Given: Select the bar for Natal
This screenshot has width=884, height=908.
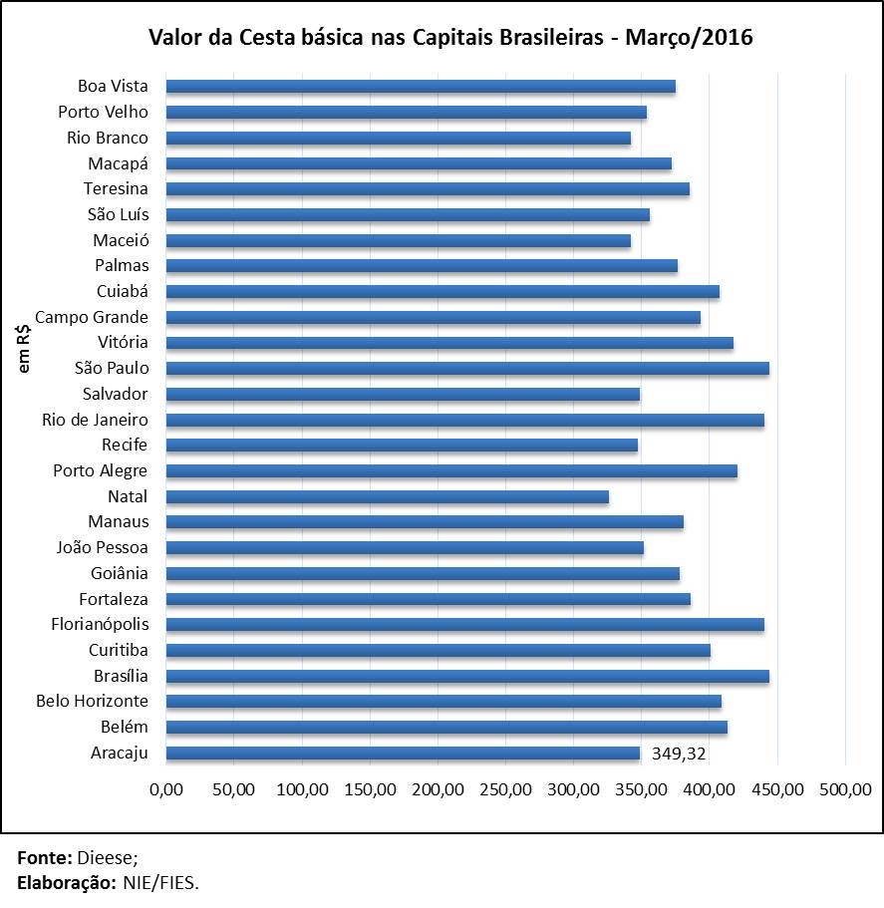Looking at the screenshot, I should pos(387,496).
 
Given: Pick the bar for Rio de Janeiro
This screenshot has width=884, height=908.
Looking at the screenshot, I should pos(464,420).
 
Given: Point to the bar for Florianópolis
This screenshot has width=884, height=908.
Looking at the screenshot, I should pos(464,624).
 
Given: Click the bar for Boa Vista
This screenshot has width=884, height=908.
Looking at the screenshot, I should pos(420,86).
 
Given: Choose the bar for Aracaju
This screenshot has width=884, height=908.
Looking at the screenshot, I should pos(403,753).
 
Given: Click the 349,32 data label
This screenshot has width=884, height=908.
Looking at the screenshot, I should pos(679,754).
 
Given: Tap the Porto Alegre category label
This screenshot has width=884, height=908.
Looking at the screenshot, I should pos(101,470).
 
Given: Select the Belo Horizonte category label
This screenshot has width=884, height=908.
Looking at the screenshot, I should pos(92,701).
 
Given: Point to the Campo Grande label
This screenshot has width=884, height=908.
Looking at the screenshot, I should pos(92,317).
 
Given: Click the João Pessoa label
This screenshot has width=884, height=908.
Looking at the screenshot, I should pos(102,547).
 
